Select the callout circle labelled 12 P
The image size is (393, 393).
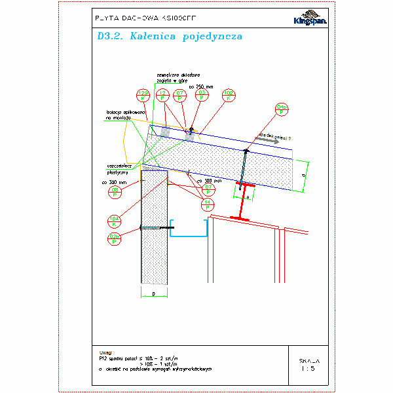[162, 96]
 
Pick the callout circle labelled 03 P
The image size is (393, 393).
[202, 96]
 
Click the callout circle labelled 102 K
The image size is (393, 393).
[229, 96]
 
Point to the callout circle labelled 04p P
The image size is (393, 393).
[282, 109]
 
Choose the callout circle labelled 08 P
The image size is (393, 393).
[115, 192]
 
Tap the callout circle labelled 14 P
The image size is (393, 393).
[208, 205]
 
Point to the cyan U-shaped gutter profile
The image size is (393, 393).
[189, 230]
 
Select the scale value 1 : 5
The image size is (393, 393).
[309, 369]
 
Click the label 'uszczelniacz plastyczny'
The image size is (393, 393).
[120, 169]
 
